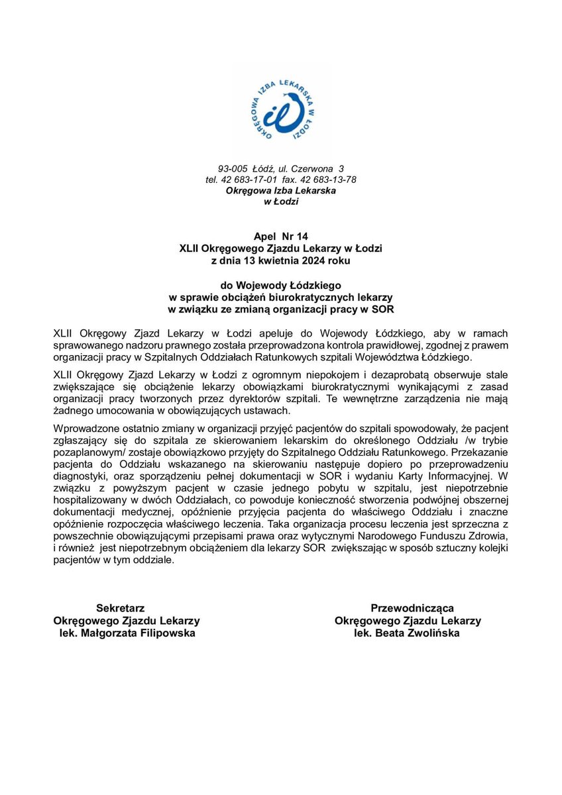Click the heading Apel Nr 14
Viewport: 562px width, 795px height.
tap(280, 236)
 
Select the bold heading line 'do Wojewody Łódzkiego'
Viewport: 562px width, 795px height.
tap(280, 285)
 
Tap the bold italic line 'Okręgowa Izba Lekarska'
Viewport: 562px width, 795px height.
tap(280, 190)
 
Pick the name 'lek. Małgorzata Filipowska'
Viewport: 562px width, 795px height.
tap(125, 633)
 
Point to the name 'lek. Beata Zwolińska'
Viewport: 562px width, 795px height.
tap(407, 633)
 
